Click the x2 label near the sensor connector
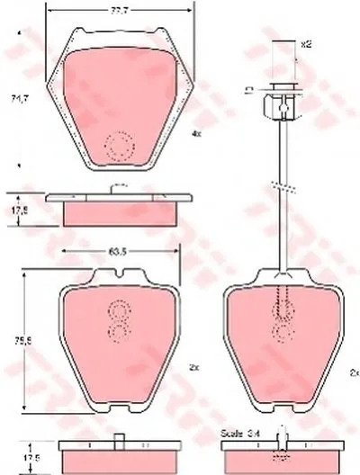coord(305,43)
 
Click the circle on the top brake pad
coord(117,145)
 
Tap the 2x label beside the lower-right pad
coord(352,371)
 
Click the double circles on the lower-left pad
coord(117,322)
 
